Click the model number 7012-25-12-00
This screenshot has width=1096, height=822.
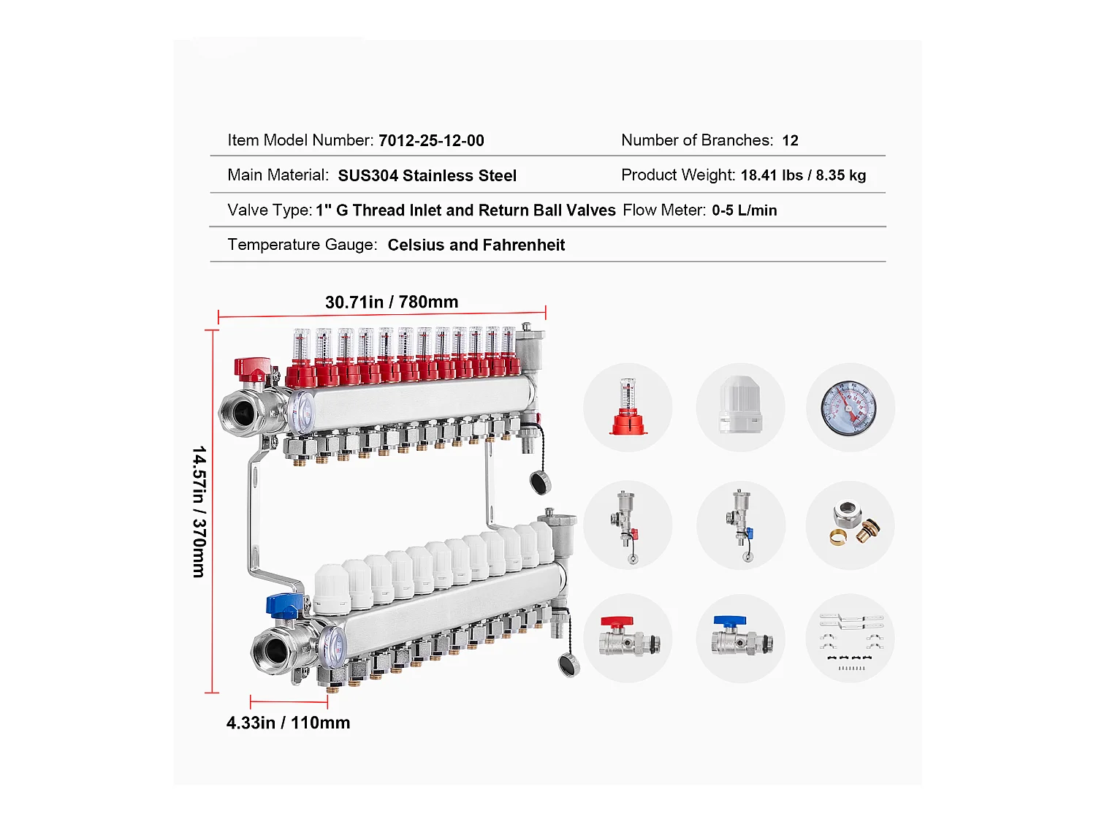pyautogui.click(x=431, y=140)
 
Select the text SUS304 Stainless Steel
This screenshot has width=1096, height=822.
pyautogui.click(x=427, y=175)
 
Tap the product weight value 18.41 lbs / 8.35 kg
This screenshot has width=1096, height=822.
pyautogui.click(x=803, y=175)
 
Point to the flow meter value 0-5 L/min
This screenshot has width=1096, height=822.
pyautogui.click(x=744, y=210)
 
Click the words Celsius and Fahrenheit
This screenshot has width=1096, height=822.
pyautogui.click(x=476, y=245)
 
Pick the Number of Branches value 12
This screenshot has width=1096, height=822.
pyautogui.click(x=790, y=140)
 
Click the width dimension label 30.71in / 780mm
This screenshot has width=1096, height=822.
pyautogui.click(x=392, y=302)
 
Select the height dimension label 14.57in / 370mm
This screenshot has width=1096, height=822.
pyautogui.click(x=199, y=512)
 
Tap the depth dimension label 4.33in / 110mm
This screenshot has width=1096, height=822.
pyautogui.click(x=288, y=723)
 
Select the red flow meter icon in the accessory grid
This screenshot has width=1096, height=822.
pyautogui.click(x=628, y=407)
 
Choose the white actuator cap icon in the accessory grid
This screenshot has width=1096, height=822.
pyautogui.click(x=740, y=405)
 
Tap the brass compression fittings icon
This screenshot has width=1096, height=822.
pyautogui.click(x=856, y=524)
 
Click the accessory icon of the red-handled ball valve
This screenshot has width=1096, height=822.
pyautogui.click(x=629, y=636)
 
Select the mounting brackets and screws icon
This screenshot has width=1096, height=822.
pyautogui.click(x=850, y=642)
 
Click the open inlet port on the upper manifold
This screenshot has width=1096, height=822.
pyautogui.click(x=242, y=414)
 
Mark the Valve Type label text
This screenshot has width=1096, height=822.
pyautogui.click(x=270, y=210)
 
